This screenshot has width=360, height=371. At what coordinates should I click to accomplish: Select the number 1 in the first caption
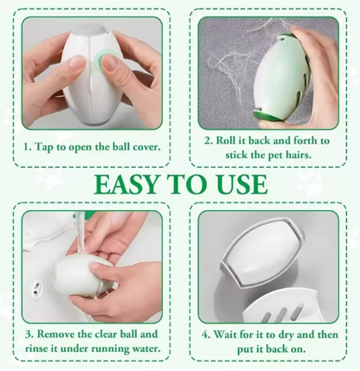tap(26, 147)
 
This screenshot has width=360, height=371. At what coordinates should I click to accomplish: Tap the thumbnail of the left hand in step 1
tap(76, 61)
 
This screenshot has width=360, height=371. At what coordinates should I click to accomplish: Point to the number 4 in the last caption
tap(205, 335)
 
